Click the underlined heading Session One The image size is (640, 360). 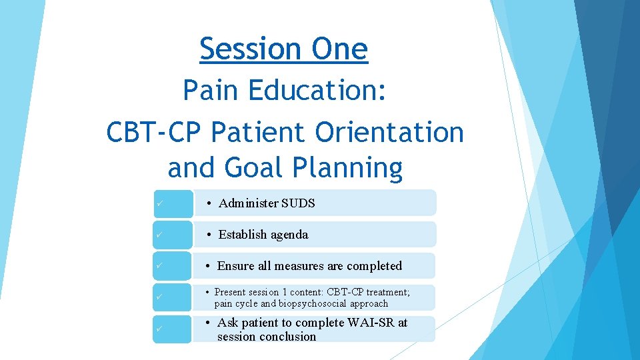(x=283, y=49)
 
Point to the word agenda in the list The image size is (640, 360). (x=288, y=235)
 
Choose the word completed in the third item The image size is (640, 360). (x=374, y=266)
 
